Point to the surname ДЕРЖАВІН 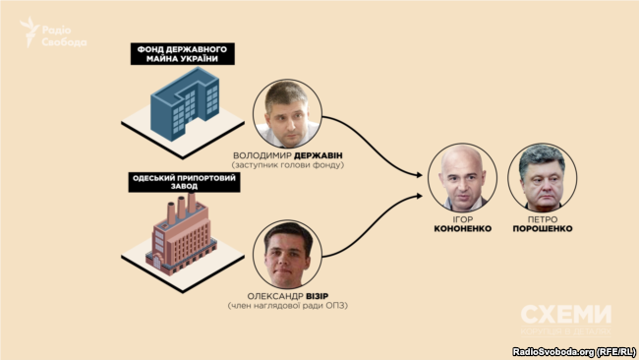(325, 154)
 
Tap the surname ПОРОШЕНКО (537, 228)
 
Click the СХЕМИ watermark (565, 315)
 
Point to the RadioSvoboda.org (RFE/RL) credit (573, 351)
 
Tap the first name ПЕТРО (537, 217)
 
